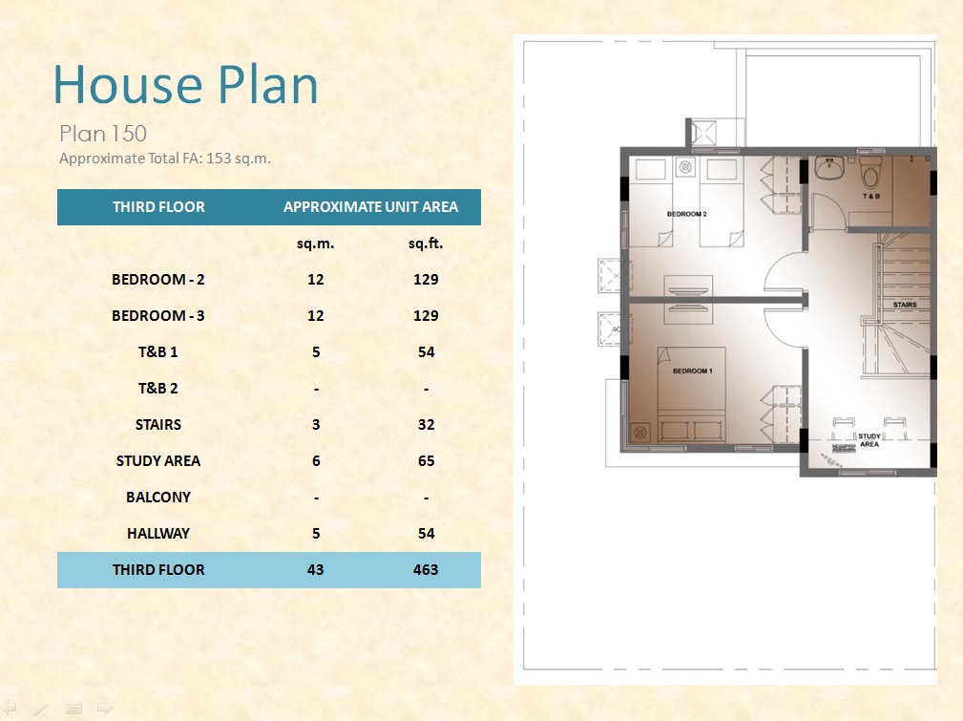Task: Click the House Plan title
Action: (185, 84)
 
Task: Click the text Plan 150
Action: (102, 134)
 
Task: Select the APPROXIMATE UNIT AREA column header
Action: (370, 206)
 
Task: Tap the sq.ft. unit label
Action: (426, 244)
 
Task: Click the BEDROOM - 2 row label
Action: (157, 279)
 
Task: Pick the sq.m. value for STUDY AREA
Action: (316, 460)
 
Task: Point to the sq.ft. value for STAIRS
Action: (426, 424)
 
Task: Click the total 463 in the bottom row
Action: (426, 569)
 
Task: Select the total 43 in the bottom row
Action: (316, 569)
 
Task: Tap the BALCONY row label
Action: (157, 497)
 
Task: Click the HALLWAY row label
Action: (157, 533)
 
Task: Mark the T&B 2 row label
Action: (157, 388)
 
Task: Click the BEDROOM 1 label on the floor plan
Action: (692, 371)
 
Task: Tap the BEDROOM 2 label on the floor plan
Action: (686, 214)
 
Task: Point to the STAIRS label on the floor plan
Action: (905, 305)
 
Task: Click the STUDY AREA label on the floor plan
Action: (869, 440)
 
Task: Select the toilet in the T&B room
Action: (870, 172)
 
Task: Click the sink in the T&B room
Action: (830, 168)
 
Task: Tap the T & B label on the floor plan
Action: (870, 196)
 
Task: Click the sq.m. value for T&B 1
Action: (316, 351)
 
